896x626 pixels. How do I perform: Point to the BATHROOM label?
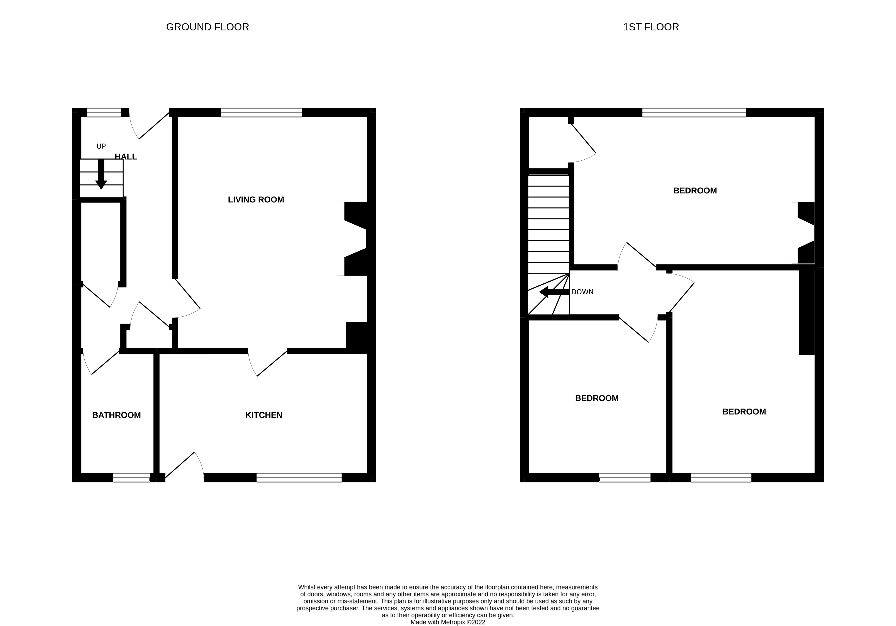[x=116, y=415]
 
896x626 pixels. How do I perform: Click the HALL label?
[x=126, y=157]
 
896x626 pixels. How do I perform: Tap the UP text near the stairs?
[x=101, y=146]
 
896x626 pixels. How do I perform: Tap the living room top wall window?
[x=261, y=113]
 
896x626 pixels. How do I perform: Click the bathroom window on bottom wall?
[x=131, y=478]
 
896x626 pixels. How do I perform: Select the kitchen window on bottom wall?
[x=299, y=478]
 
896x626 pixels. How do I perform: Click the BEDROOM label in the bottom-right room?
[x=744, y=412]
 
